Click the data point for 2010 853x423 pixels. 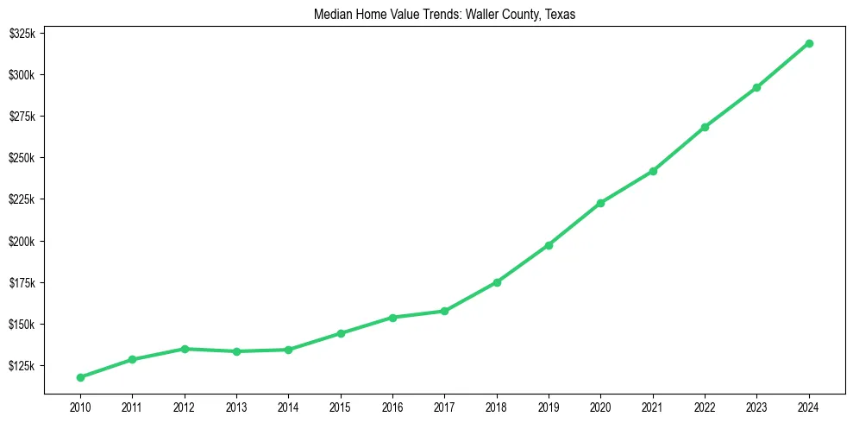(80, 377)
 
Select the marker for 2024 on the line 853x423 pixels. (809, 43)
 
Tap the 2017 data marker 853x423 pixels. (444, 311)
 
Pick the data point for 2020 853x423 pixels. (600, 203)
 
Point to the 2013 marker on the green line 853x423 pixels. (236, 351)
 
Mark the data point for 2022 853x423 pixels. (705, 127)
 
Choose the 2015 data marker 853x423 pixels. (341, 333)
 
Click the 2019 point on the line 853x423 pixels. (549, 245)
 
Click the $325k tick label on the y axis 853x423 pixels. (22, 34)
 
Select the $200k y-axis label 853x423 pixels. (22, 242)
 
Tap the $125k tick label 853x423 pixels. (22, 366)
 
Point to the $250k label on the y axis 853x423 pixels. (22, 158)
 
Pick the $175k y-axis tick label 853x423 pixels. (22, 283)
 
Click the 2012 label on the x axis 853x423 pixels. (184, 406)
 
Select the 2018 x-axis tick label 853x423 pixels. (497, 406)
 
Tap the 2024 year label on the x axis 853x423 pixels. (809, 406)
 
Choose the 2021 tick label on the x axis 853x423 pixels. (653, 406)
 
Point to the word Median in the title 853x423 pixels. (339, 14)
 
